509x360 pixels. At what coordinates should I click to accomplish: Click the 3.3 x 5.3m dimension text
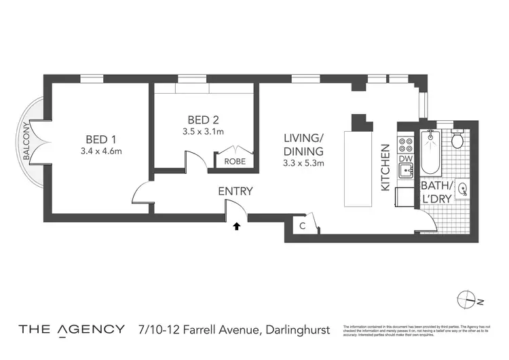(304, 163)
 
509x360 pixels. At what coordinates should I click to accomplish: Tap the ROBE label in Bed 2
(235, 162)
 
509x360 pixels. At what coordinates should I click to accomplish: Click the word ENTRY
(235, 192)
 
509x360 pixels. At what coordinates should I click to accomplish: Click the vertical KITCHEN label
(384, 166)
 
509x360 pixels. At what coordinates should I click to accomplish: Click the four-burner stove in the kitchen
(405, 145)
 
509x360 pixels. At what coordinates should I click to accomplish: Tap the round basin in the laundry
(464, 191)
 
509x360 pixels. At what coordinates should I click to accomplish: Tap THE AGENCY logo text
(71, 329)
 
